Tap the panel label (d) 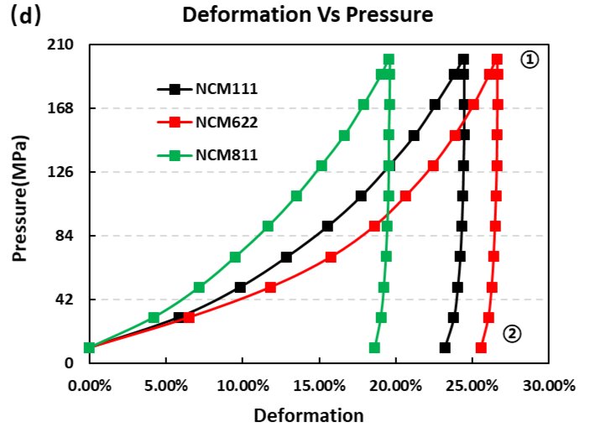(26, 15)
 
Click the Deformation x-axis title (309, 415)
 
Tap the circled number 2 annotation (512, 334)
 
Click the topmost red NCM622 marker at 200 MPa (497, 60)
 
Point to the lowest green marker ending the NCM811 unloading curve (374, 347)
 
